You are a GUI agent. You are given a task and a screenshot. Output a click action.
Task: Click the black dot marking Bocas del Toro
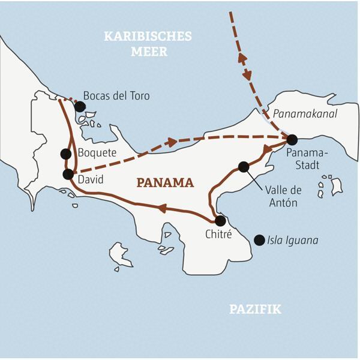point(80,106)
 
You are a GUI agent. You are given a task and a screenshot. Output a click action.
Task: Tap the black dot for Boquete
point(66,154)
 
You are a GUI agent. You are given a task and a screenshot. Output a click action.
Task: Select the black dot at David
point(68,175)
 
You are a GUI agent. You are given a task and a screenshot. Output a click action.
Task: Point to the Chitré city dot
point(220,221)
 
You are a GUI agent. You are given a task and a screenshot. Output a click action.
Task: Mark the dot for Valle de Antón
point(244,167)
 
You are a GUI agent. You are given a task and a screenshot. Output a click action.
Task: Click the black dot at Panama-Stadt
point(292,140)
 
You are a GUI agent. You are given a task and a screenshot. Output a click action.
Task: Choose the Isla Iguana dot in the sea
point(259,240)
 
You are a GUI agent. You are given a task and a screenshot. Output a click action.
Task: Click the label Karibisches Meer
point(148,44)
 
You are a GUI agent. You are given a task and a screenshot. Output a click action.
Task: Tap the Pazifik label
point(255,310)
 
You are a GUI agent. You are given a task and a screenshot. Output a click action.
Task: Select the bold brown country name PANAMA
point(164,182)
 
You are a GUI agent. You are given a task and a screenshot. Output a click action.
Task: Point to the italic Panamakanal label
point(304,114)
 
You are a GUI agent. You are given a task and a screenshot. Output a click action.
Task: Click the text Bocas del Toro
point(116,96)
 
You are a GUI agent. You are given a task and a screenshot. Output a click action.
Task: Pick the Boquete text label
point(97,153)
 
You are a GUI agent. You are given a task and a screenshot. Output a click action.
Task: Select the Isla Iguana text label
point(294,241)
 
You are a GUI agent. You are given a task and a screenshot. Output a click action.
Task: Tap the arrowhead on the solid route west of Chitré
point(161,208)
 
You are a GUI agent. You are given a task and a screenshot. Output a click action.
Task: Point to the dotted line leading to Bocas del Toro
point(70,100)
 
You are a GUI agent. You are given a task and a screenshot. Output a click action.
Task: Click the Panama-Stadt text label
point(304,160)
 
